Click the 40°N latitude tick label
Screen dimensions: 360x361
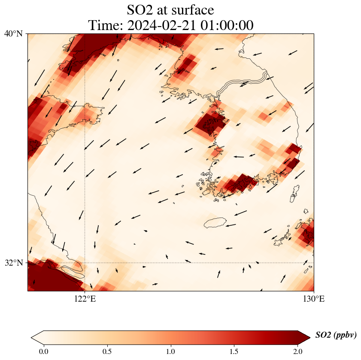coord(13,33)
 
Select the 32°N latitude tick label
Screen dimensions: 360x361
coord(13,263)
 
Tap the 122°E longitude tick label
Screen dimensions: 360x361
coord(85,299)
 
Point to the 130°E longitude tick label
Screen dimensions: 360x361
coord(314,299)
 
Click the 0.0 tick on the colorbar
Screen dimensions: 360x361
coord(44,351)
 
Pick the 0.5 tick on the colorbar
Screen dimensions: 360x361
coord(107,351)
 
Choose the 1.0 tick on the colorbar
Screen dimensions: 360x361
coord(171,351)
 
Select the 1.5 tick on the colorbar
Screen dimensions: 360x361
coord(234,351)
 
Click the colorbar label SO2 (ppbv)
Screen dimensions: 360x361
coord(336,335)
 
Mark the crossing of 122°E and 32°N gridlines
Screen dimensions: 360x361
coord(85,263)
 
